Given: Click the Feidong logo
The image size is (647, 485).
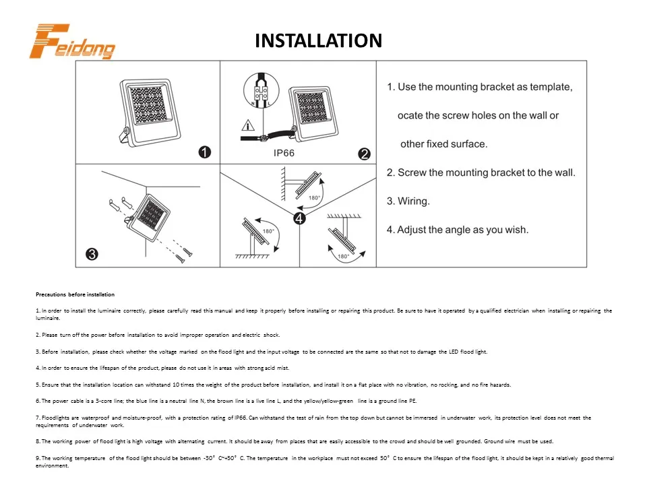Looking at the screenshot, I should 73,42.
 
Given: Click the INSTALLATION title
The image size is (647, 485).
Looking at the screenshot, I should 318,41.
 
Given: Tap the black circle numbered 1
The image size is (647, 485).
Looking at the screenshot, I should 205,152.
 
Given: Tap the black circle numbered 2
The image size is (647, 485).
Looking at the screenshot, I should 364,154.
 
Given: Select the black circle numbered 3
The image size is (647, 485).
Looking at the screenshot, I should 92,254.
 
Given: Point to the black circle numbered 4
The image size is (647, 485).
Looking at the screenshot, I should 299,218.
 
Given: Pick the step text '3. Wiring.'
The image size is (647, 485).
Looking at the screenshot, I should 408,201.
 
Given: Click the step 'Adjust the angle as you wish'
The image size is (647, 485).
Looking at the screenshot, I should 458,230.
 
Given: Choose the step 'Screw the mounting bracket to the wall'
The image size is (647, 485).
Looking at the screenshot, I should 481,172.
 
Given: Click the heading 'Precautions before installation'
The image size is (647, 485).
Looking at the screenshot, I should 75,294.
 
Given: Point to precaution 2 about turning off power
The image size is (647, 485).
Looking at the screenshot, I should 157,335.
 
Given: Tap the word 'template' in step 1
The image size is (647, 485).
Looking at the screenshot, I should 550,87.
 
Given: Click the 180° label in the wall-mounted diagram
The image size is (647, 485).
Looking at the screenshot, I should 314,198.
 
